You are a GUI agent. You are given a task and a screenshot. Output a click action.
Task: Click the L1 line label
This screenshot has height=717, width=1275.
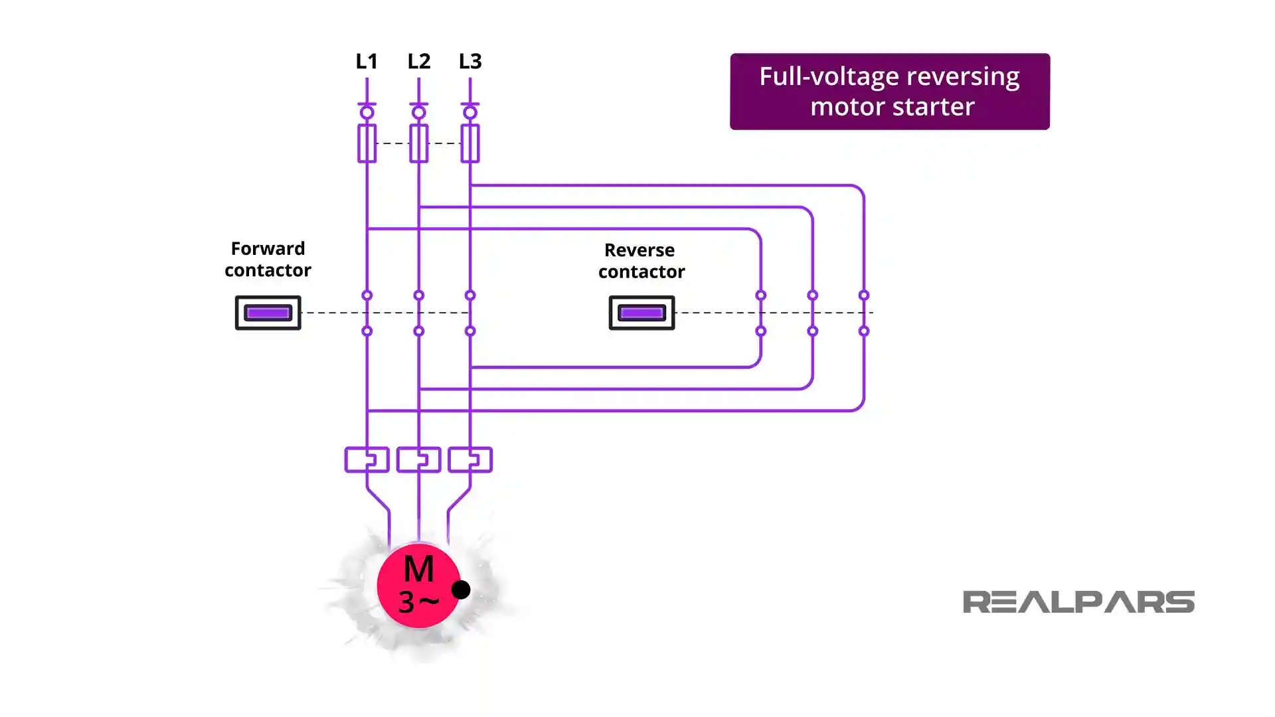[x=367, y=61]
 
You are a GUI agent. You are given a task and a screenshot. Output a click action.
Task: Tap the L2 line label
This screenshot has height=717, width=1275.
[x=418, y=61]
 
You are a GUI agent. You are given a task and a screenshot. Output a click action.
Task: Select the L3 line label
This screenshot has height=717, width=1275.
[x=470, y=61]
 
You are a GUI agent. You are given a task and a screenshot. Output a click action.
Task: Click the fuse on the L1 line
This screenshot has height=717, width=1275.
[x=367, y=143]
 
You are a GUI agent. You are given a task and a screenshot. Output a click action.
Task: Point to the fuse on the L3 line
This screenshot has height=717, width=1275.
[x=470, y=143]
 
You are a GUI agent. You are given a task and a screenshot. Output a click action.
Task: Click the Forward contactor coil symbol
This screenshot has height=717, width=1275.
[x=268, y=313]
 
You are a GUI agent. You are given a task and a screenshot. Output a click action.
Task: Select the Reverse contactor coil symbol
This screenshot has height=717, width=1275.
[x=641, y=313]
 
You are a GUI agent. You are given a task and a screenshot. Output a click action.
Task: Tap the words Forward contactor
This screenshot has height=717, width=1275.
[x=268, y=259]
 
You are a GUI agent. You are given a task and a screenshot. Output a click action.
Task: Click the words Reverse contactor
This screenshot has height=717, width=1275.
[x=641, y=261]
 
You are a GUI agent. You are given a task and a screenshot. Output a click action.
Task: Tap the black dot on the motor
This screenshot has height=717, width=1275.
[x=461, y=590]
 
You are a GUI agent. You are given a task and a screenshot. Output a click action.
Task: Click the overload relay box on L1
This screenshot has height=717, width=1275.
[x=367, y=459]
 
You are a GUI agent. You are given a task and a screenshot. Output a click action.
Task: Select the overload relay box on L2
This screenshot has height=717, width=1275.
[x=418, y=459]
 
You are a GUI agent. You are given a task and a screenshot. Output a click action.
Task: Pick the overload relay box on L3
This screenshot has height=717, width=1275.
[x=470, y=459]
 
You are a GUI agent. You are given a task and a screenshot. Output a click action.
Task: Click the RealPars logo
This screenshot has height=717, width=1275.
[x=1078, y=601]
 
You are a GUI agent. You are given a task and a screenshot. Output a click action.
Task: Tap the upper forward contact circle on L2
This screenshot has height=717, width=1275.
[x=418, y=295]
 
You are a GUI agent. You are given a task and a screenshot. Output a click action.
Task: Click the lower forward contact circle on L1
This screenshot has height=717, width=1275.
[x=367, y=331]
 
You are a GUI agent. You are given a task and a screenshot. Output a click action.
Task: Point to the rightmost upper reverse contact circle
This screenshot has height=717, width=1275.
[x=864, y=295]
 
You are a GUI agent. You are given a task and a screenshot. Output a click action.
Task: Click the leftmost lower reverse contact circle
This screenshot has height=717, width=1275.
[x=761, y=331]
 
